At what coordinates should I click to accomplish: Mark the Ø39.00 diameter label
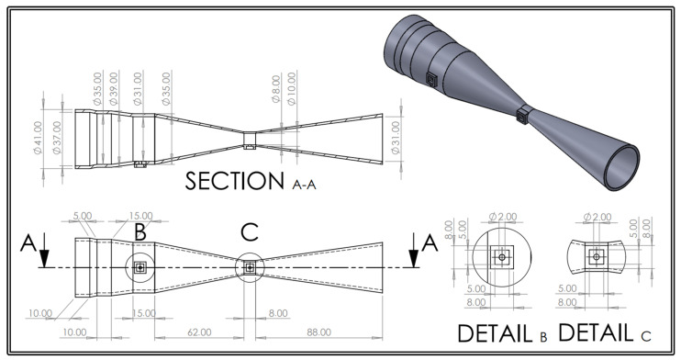114,90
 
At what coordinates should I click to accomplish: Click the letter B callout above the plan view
140,231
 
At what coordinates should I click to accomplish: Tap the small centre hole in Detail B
501,259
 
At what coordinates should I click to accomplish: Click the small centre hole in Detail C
597,259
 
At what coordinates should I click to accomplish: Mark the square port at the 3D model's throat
523,115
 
